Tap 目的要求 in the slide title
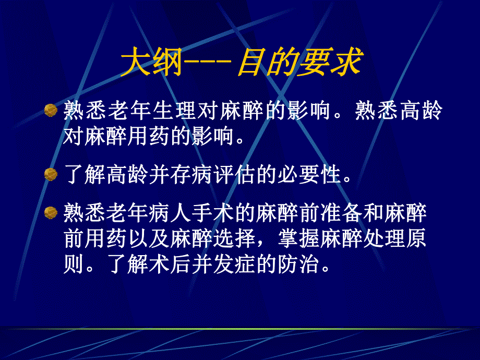[x=299, y=64]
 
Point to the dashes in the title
[x=208, y=65]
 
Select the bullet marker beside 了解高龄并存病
[x=50, y=174]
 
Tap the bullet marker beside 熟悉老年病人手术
[x=50, y=212]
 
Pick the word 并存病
[x=180, y=174]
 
